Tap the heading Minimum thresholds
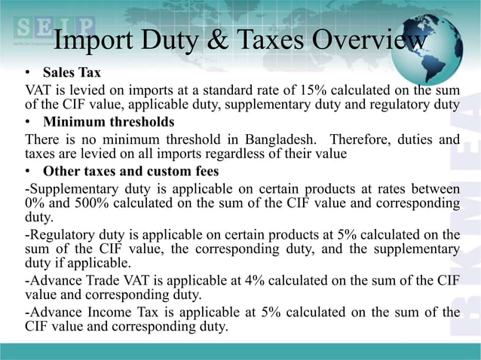tap(109, 122)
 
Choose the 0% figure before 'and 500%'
tap(34, 203)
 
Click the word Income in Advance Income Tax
tap(100, 312)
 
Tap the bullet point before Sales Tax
tap(27, 74)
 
